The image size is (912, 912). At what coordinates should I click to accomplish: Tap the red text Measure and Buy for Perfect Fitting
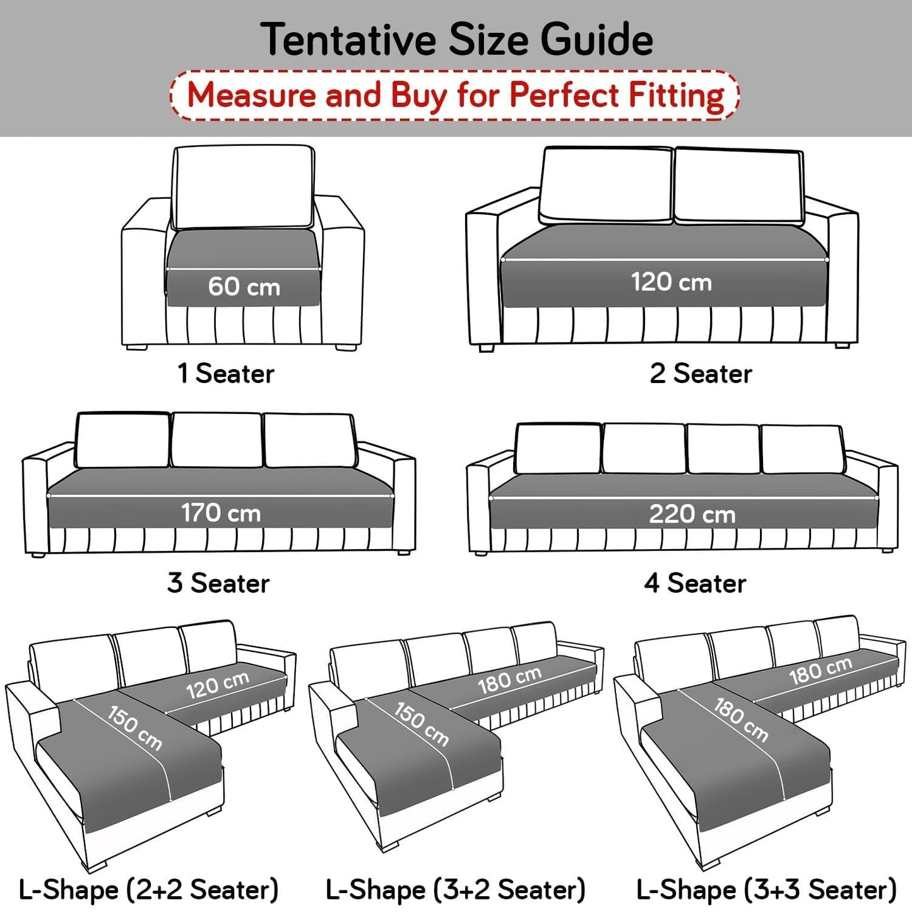(455, 95)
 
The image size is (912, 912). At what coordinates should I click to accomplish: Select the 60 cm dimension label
(244, 287)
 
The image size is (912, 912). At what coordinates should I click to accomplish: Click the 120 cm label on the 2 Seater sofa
(672, 281)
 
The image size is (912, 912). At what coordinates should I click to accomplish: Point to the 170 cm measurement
(221, 512)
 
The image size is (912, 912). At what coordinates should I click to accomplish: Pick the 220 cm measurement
(692, 514)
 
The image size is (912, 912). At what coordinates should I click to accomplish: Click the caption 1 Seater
(226, 374)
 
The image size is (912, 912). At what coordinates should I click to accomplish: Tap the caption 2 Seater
(701, 374)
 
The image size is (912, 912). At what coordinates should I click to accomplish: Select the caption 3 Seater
(218, 583)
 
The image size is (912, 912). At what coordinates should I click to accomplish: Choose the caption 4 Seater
(695, 583)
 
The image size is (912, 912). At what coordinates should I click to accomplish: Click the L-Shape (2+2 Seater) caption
(149, 890)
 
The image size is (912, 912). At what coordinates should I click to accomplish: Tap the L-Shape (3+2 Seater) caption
(456, 890)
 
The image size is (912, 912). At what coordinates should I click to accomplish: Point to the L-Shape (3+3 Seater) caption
(766, 890)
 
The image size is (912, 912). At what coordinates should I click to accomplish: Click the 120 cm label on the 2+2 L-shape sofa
(218, 685)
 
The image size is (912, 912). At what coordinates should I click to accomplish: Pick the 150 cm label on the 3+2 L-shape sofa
(422, 724)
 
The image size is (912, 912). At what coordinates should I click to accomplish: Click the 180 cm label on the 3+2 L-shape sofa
(509, 680)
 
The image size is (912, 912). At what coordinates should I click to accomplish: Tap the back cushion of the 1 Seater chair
(244, 187)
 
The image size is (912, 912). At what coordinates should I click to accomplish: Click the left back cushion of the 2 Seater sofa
(606, 184)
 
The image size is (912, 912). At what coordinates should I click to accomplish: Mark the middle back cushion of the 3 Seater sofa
(216, 440)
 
